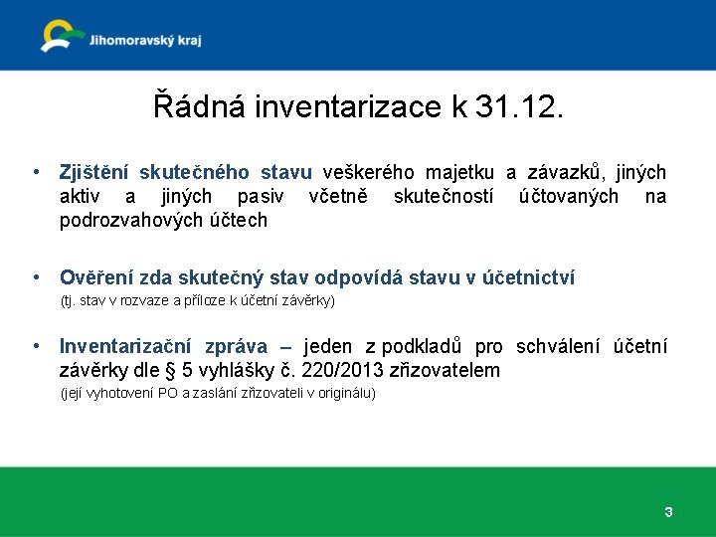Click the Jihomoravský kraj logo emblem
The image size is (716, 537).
(x=62, y=35)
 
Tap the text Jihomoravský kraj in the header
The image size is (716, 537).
(x=144, y=41)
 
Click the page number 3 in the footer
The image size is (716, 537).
(x=668, y=512)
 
